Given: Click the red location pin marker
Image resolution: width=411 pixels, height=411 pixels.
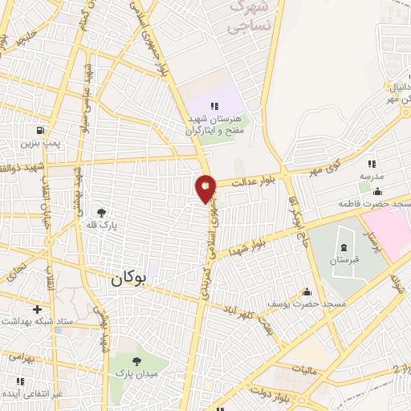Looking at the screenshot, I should [205, 188].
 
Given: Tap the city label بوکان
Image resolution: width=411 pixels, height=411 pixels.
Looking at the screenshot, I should [128, 279].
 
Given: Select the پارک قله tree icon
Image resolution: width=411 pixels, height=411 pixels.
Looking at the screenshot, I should [102, 213].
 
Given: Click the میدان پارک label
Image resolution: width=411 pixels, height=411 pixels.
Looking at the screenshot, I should [141, 373].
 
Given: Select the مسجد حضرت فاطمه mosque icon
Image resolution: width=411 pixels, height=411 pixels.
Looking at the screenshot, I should [378, 191].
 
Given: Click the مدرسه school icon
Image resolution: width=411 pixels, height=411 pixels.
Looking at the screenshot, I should [372, 164].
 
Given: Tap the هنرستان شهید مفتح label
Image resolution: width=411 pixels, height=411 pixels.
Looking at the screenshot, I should [215, 123].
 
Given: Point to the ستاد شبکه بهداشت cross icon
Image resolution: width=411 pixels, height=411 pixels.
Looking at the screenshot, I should [37, 309].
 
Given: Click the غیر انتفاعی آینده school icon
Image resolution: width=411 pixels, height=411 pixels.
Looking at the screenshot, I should [20, 381].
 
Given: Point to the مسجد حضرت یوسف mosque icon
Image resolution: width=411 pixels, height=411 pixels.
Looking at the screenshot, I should [305, 292].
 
